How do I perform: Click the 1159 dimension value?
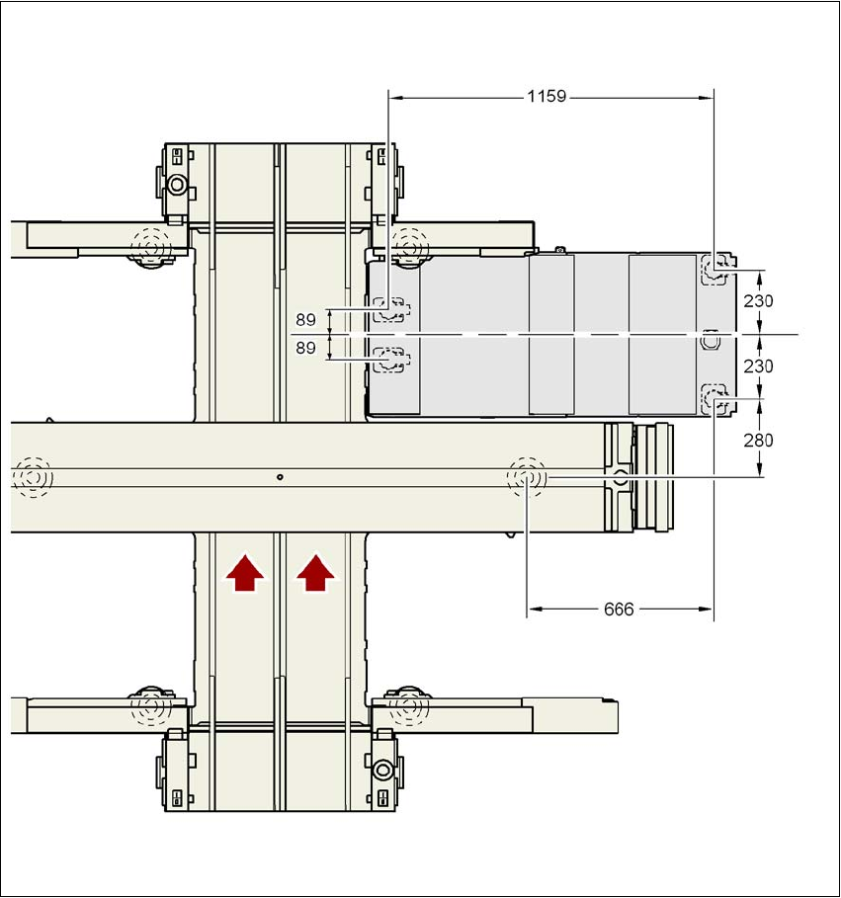[546, 96]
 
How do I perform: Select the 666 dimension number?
[619, 609]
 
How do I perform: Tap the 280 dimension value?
[758, 441]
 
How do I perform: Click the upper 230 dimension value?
[758, 300]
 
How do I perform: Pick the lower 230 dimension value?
[758, 366]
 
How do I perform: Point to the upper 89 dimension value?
[306, 319]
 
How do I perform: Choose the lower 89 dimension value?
[306, 348]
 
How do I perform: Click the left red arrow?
[245, 572]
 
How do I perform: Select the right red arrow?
[315, 572]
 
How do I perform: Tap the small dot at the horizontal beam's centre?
[280, 476]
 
